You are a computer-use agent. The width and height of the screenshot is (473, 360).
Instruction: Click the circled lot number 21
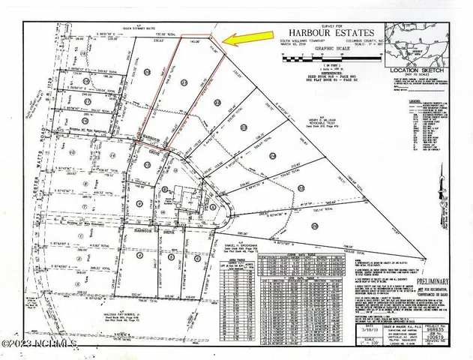pos(217,101)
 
